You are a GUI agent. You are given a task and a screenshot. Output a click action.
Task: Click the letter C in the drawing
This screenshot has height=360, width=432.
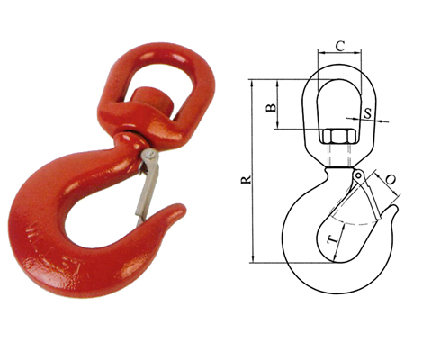pyautogui.click(x=339, y=44)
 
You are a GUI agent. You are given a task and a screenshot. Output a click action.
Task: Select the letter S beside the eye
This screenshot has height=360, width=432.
pyautogui.click(x=369, y=114)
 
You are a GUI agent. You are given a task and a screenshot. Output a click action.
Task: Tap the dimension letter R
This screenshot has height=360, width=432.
pyautogui.click(x=245, y=180)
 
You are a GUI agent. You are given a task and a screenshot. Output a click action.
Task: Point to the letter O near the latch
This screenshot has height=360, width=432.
pyautogui.click(x=391, y=181)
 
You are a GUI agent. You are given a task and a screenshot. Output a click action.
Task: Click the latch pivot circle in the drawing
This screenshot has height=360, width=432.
pyautogui.click(x=358, y=174)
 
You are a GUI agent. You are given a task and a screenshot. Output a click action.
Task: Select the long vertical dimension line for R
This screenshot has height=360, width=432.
pyautogui.click(x=256, y=171)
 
